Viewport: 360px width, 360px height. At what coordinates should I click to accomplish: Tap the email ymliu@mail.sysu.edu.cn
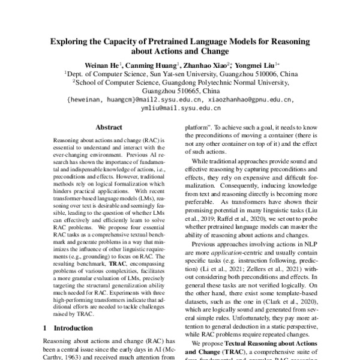pos(181,109)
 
